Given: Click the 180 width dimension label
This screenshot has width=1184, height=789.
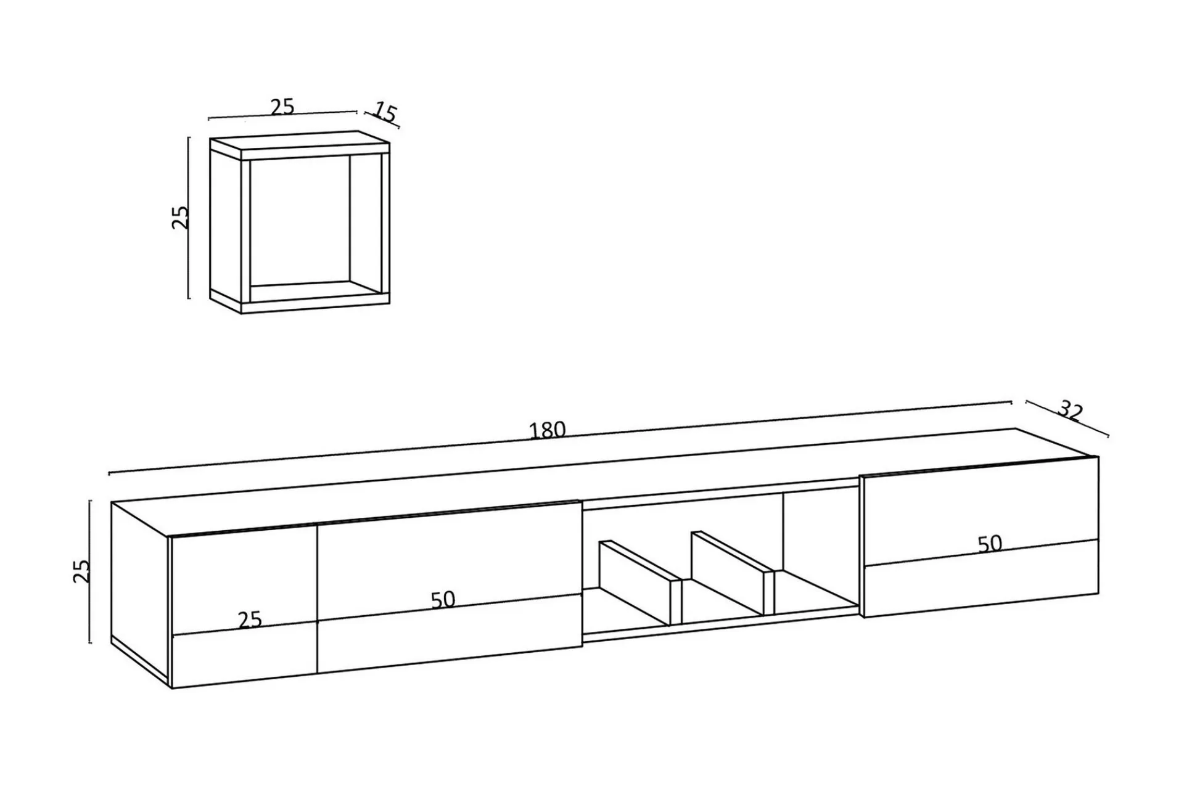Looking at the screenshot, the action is click(548, 430).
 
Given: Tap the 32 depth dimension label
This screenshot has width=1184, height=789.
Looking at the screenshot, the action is click(1071, 411).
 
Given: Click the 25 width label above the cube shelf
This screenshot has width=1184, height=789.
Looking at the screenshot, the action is click(282, 107).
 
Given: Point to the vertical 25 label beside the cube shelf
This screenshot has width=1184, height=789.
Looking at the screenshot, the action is click(180, 217).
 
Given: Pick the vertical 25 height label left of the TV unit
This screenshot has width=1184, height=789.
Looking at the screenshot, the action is click(81, 571).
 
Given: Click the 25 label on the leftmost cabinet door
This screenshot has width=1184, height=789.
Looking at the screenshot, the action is click(250, 619).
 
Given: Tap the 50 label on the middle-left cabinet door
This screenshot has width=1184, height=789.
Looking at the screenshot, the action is click(443, 600).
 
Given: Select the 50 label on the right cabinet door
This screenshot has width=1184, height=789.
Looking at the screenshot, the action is click(990, 544).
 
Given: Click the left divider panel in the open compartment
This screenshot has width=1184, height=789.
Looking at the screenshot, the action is click(640, 583).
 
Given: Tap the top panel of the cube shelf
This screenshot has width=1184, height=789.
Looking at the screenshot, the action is click(300, 145).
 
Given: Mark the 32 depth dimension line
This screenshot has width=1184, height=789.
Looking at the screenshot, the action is click(1067, 419).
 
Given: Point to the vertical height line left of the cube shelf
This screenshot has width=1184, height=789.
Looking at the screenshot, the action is click(189, 218).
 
